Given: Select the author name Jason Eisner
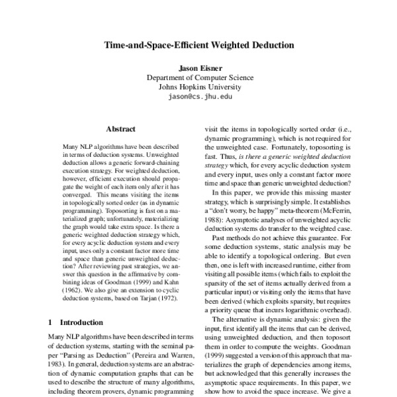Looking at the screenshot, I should [x=198, y=67].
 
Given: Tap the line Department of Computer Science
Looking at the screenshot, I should [x=198, y=77].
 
